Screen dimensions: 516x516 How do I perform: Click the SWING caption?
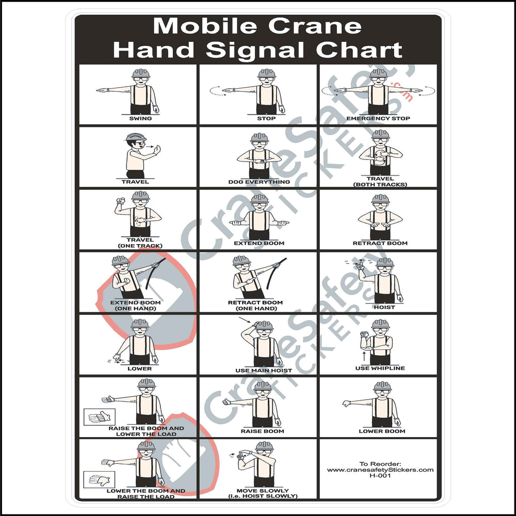140,119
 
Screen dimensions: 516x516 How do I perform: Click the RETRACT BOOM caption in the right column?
380,243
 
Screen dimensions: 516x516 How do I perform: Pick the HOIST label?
384,307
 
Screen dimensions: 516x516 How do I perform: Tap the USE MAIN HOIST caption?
264,370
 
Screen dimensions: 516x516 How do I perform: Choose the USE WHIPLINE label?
380,368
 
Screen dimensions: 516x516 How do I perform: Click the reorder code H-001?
380,476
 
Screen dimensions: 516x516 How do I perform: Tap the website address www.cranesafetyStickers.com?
380,470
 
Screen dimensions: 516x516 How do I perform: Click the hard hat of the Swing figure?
140,73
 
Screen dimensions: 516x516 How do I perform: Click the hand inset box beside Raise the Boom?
99,416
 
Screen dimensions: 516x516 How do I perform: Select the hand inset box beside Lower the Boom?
99,480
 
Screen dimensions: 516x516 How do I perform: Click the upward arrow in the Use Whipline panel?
365,356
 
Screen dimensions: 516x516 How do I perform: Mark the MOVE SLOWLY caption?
263,490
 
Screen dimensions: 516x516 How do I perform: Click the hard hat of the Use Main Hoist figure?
264,325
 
